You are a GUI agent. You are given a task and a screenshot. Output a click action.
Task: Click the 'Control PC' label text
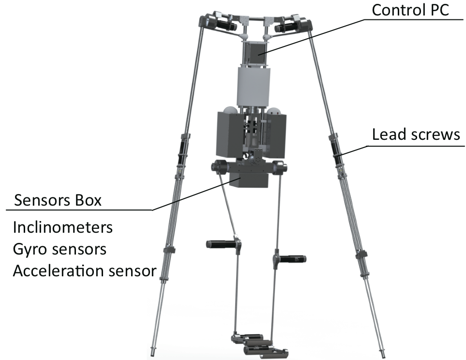pos(410,10)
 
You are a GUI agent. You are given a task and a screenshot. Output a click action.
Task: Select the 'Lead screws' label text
pos(416,135)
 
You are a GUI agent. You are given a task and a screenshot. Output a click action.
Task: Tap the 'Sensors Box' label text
pos(58,200)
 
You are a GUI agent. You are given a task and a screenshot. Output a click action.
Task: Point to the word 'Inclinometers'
pos(63,227)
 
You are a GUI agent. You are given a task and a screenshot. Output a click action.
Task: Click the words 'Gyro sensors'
pos(60,249)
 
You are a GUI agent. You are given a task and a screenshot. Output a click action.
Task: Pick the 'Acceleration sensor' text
pos(85,271)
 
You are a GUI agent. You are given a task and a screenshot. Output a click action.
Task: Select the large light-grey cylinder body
pos(254,86)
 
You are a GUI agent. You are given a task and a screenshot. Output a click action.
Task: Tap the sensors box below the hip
pos(249,180)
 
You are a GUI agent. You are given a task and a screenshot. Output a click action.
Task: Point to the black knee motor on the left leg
pos(221,244)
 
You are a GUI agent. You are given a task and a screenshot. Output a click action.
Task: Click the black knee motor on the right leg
pos(293,259)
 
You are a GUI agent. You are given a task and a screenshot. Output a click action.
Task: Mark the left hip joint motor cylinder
pos(219,166)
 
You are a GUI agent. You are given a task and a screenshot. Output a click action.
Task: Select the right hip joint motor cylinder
pos(280,166)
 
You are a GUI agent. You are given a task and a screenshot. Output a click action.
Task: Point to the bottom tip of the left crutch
pos(153,355)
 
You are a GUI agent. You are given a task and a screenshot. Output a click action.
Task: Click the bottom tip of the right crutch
pos(383,355)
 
